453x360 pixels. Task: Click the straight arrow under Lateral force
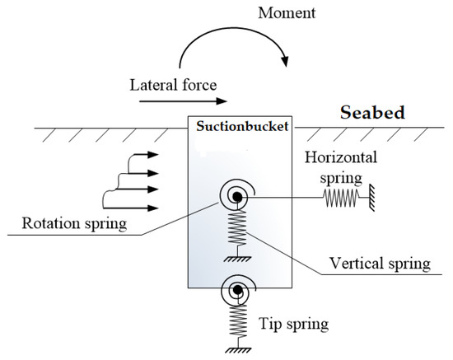tap(183, 102)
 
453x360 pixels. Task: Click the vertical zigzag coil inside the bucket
tap(237, 227)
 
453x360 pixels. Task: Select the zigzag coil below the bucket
tap(238, 317)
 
